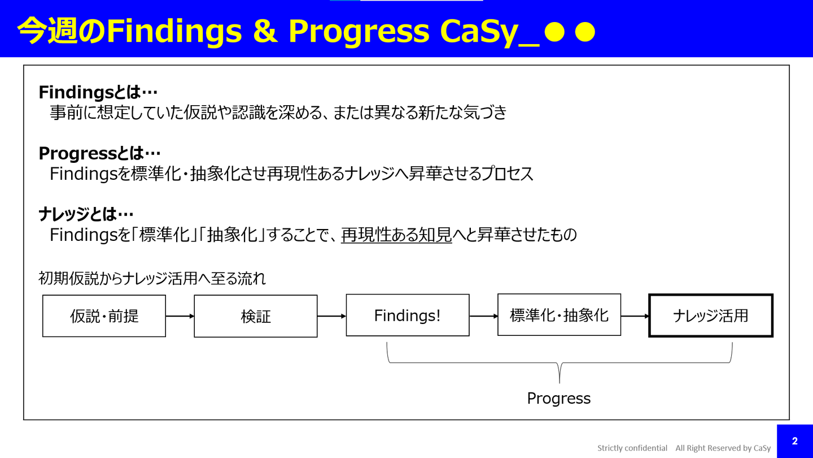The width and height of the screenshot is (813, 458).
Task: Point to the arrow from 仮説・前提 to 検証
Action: click(x=180, y=316)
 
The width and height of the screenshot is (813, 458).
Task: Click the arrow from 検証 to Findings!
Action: click(x=332, y=316)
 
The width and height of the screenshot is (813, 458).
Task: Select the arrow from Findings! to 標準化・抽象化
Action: click(x=483, y=316)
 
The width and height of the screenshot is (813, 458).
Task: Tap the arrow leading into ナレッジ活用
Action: click(x=635, y=316)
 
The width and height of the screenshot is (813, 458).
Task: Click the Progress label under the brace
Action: click(x=559, y=399)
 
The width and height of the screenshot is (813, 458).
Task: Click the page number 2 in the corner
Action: click(x=794, y=441)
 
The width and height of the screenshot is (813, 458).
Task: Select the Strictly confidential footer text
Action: click(x=632, y=448)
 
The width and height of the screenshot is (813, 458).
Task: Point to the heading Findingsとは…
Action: click(x=98, y=92)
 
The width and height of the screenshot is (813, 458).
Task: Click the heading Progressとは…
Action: click(x=99, y=153)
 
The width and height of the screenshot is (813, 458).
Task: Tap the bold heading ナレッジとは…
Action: click(x=86, y=214)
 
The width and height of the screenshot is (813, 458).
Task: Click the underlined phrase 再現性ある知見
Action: click(x=396, y=235)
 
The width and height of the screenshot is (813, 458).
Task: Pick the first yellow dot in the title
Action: click(x=554, y=32)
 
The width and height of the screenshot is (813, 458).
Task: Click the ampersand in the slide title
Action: click(x=265, y=31)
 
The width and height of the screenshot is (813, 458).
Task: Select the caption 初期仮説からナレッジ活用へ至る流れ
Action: click(x=152, y=278)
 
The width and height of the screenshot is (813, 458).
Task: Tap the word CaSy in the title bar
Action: click(x=479, y=32)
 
